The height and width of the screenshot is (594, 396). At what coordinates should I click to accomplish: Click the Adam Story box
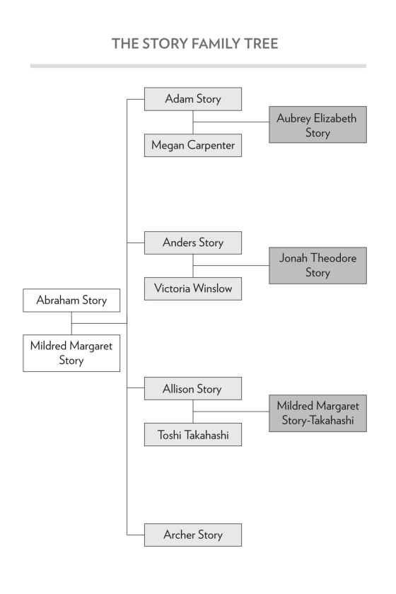pyautogui.click(x=193, y=99)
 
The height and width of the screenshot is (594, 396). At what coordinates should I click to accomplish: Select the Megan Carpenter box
pyautogui.click(x=193, y=145)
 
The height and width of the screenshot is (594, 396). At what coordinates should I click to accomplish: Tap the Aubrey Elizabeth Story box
pyautogui.click(x=318, y=124)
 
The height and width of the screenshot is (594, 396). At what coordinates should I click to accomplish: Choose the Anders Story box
pyautogui.click(x=193, y=243)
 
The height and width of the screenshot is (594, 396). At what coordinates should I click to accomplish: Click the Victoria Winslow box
pyautogui.click(x=193, y=289)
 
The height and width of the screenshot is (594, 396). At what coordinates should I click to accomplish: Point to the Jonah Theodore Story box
pyautogui.click(x=318, y=266)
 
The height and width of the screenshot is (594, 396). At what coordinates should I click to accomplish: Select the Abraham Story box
pyautogui.click(x=71, y=301)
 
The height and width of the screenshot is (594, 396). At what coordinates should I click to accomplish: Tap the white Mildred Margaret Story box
pyautogui.click(x=71, y=353)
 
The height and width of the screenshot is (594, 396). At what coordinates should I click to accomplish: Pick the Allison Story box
pyautogui.click(x=193, y=389)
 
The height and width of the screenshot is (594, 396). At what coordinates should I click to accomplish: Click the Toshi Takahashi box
pyautogui.click(x=193, y=434)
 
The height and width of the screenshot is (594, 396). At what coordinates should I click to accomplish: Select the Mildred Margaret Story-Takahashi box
pyautogui.click(x=318, y=413)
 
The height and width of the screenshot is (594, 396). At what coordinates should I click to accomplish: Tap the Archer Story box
pyautogui.click(x=193, y=535)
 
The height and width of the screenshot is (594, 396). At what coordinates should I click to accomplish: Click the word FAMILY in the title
pyautogui.click(x=214, y=44)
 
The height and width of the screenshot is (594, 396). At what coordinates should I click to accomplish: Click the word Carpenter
pyautogui.click(x=211, y=146)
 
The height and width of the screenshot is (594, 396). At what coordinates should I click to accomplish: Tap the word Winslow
pyautogui.click(x=212, y=289)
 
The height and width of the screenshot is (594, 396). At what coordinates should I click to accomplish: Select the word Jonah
pyautogui.click(x=293, y=258)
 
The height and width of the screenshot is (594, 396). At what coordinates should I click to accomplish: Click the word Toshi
pyautogui.click(x=170, y=435)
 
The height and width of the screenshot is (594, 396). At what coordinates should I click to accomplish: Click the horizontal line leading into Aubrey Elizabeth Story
pyautogui.click(x=231, y=122)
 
